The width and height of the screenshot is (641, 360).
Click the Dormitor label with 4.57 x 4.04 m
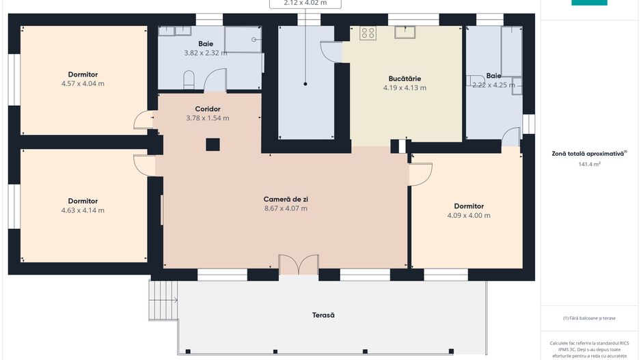pos(83,74)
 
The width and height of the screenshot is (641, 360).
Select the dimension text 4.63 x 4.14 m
pos(83,210)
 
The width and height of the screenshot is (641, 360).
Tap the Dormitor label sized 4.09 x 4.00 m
pos(469,206)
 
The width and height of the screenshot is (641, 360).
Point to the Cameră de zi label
pos(286,199)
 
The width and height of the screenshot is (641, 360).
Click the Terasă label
pos(323,315)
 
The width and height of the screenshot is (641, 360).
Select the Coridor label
pos(207,109)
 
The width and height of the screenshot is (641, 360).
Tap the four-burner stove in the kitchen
pos(368,33)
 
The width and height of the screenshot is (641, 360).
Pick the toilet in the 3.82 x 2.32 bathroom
pos(190,81)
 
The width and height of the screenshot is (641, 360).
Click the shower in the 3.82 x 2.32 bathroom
pos(243,40)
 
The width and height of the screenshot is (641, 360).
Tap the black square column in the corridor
pos(213,144)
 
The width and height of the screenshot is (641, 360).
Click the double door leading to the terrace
pos(299,265)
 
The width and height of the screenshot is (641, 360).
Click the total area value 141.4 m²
pos(588,164)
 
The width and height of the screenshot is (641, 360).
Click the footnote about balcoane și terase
pos(588,318)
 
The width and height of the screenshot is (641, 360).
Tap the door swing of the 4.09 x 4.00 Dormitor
pos(419,176)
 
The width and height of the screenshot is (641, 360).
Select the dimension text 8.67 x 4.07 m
pos(286,208)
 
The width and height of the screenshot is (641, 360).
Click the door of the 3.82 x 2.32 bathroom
pos(215,82)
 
